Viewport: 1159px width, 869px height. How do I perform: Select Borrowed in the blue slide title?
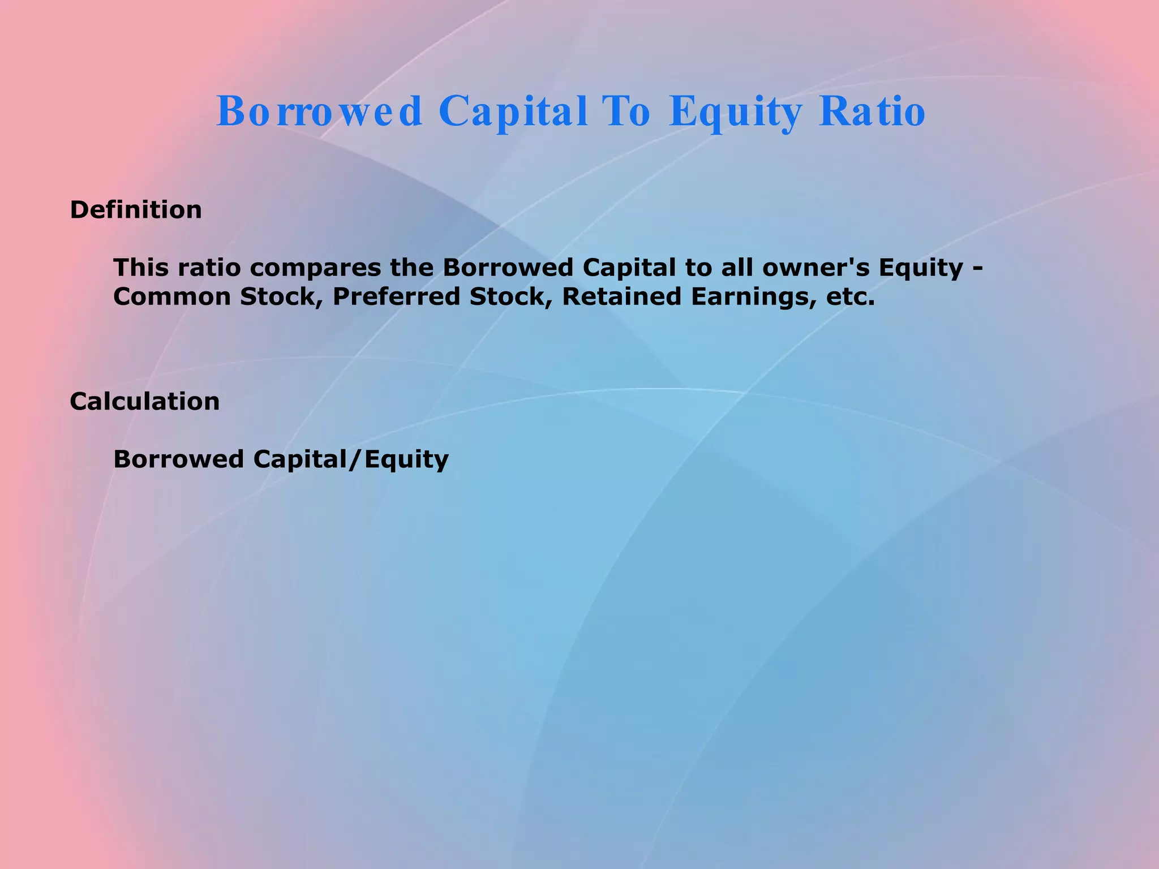click(319, 111)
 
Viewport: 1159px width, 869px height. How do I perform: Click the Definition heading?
click(136, 210)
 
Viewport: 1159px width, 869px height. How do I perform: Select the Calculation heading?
click(145, 402)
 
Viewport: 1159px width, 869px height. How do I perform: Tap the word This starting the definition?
click(141, 268)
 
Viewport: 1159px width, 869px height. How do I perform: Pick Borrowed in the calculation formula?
click(179, 459)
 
